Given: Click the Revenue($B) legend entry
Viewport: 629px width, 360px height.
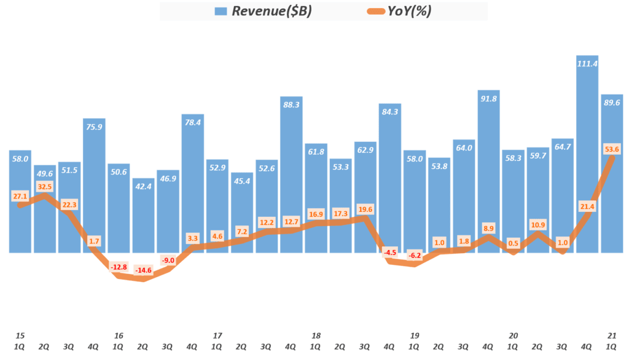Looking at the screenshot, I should (x=264, y=12).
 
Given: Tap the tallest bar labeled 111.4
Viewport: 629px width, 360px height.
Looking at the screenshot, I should (x=587, y=154).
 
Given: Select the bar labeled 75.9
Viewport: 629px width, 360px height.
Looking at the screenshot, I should (x=94, y=184).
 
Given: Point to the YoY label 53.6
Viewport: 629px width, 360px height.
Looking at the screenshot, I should (x=612, y=149).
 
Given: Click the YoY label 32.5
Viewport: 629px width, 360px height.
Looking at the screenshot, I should (x=44, y=186).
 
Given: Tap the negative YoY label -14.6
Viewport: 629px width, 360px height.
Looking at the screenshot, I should (x=143, y=270).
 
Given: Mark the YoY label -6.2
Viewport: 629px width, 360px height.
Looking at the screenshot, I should (x=415, y=255).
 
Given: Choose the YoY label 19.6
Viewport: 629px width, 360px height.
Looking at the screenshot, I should (x=365, y=209).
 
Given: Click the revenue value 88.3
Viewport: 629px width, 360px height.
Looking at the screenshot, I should (x=291, y=105).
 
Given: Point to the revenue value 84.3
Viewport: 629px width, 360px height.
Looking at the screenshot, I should (x=390, y=112).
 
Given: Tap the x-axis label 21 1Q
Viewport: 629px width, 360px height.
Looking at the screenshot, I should (x=612, y=341).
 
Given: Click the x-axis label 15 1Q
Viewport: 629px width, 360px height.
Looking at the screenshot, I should (x=20, y=341).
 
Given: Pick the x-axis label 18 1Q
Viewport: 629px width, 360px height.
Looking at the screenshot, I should (x=316, y=341).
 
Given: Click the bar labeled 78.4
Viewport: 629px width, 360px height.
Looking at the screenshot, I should (x=192, y=184).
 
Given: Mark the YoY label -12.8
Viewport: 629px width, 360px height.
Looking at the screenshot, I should (x=119, y=267).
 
